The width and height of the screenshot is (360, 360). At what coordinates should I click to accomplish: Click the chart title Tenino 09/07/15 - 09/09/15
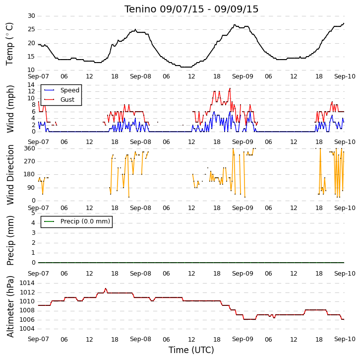pos(191,9)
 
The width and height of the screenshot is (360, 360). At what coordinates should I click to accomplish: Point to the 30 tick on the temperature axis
pos(31,16)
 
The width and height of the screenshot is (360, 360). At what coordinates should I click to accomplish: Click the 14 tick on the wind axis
pos(31,85)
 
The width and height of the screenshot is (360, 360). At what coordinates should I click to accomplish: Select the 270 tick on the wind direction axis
pos(30,161)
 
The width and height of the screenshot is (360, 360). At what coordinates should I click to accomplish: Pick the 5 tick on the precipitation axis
pos(34,213)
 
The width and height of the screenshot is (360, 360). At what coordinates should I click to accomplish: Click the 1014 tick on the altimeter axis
pos(27,283)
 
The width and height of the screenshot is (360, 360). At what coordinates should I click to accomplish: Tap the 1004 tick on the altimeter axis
pos(27,329)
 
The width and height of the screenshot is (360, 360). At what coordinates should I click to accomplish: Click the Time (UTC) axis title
pos(191,350)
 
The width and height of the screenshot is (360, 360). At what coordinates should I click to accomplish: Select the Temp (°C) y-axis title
pos(9,44)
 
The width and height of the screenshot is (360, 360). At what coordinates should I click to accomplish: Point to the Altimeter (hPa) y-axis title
pos(10,307)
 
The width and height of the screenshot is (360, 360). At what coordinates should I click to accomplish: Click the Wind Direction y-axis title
pos(10,175)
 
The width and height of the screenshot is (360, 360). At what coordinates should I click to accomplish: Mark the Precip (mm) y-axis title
pos(10,240)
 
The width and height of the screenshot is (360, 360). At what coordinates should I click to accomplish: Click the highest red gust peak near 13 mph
pos(230,88)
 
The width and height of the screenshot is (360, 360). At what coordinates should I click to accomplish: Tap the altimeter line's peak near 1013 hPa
pos(106,288)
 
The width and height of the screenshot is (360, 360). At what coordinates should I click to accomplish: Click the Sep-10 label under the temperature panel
pos(345,76)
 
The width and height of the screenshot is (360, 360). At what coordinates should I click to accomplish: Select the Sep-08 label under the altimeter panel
pos(140,339)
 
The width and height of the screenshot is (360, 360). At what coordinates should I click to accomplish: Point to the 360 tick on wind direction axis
pos(30,148)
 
